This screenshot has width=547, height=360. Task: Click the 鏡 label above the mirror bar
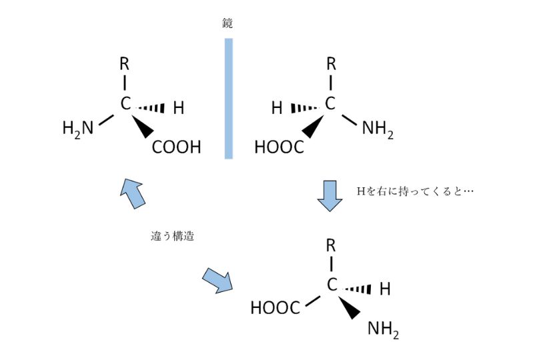[227, 23]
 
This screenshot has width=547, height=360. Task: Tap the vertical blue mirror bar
[228, 98]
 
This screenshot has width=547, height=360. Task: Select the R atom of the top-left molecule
[124, 65]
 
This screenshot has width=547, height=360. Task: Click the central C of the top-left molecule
[125, 104]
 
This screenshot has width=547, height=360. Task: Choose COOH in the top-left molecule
[176, 147]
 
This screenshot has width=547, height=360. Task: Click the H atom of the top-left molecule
[178, 107]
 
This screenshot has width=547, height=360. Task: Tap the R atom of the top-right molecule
[331, 65]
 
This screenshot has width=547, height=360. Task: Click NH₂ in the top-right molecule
[378, 129]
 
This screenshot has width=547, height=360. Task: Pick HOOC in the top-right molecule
[279, 147]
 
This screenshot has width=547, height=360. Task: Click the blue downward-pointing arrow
[329, 195]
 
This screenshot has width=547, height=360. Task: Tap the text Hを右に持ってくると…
[415, 191]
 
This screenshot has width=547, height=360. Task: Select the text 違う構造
[172, 236]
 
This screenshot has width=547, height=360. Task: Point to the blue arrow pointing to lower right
[217, 280]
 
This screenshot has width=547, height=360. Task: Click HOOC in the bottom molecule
[275, 307]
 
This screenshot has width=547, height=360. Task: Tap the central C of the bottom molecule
[332, 285]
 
